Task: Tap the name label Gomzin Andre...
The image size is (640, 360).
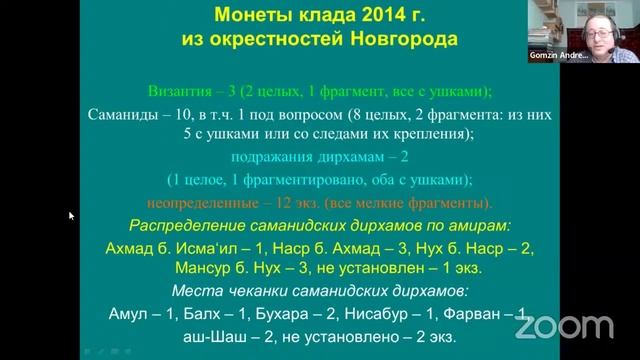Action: coord(557,57)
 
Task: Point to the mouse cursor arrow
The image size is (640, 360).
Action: coord(71,215)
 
